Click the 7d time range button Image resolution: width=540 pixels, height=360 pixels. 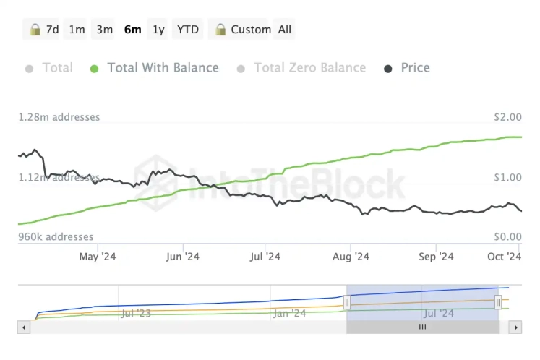(x=44, y=30)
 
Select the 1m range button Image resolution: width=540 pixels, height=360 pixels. (x=77, y=30)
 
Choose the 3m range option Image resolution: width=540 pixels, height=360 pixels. (x=105, y=30)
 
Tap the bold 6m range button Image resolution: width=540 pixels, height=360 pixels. (x=132, y=30)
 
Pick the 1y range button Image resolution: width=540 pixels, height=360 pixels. (x=158, y=30)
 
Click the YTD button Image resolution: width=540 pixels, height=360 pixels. (x=188, y=30)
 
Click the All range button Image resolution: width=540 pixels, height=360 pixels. (x=285, y=30)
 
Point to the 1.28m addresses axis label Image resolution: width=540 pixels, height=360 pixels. (x=59, y=117)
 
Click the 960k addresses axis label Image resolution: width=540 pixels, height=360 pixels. (x=56, y=236)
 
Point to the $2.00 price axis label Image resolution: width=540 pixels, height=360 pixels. (x=506, y=117)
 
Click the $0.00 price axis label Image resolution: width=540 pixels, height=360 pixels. (x=506, y=236)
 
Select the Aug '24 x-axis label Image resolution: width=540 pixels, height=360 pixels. (x=351, y=256)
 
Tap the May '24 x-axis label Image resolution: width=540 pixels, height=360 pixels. (x=98, y=256)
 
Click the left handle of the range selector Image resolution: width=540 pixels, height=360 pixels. (x=347, y=302)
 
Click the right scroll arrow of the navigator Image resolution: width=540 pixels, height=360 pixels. (x=515, y=327)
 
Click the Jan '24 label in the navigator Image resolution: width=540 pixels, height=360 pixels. (x=290, y=313)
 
